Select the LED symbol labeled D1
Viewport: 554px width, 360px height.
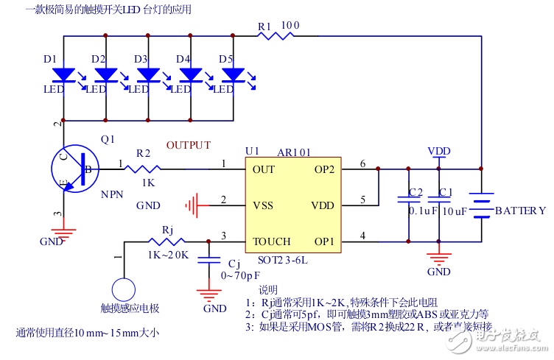[x=65, y=75]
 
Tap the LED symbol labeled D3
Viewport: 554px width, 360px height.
[x=150, y=75]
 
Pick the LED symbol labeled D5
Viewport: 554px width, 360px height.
[x=234, y=75]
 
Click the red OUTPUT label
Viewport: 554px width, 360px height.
[x=189, y=146]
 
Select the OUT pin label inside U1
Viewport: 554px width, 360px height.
[x=263, y=169]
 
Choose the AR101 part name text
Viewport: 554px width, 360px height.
[x=293, y=152]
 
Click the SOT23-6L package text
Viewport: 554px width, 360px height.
[x=282, y=259]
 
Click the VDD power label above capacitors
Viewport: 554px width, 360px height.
[x=439, y=151]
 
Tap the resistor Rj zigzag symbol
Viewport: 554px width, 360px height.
[x=167, y=241]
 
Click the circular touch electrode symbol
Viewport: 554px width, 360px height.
[x=124, y=287]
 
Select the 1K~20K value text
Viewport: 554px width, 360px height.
[x=168, y=255]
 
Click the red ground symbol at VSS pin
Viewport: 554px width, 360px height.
[x=194, y=204]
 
